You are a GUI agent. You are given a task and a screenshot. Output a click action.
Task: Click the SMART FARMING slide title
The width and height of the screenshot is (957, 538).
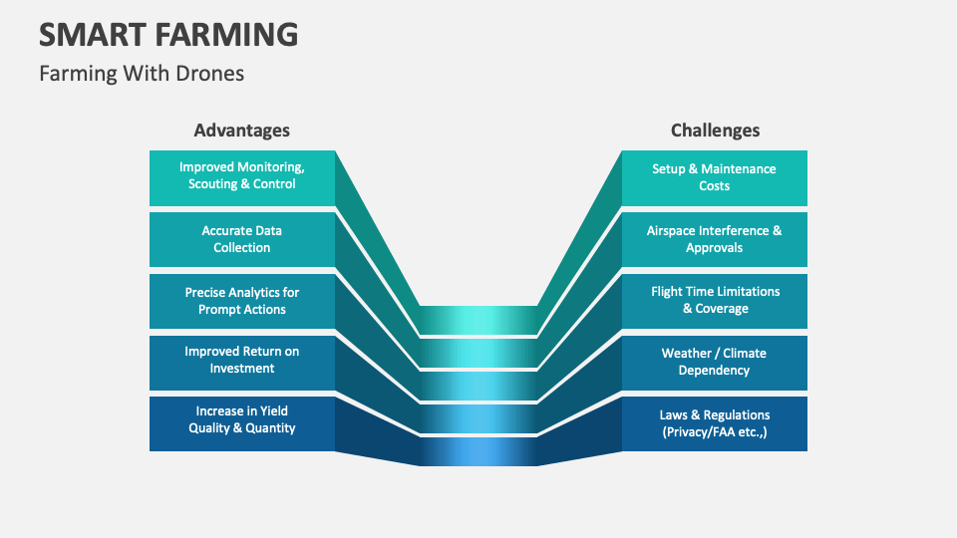click(x=168, y=34)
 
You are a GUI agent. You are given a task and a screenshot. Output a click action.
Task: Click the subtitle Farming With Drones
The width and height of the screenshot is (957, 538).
click(x=142, y=73)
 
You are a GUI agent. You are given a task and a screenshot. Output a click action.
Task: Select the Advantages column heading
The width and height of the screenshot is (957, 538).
click(x=242, y=131)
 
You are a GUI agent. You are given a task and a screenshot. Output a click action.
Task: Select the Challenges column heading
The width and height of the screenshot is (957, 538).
click(x=715, y=131)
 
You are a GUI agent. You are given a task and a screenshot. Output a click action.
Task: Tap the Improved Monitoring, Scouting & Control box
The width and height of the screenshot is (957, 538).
click(x=242, y=177)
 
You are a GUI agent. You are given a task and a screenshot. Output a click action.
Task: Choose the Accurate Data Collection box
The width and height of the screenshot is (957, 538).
click(x=242, y=239)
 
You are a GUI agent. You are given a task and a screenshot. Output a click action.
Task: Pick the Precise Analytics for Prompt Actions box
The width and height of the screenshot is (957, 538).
click(x=242, y=301)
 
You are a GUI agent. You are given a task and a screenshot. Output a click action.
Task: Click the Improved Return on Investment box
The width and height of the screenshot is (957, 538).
click(x=242, y=361)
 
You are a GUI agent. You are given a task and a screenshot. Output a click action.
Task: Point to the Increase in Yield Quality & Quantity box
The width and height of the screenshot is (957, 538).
click(x=242, y=420)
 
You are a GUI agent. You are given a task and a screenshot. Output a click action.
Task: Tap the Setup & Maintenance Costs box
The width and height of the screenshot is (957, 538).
click(x=714, y=177)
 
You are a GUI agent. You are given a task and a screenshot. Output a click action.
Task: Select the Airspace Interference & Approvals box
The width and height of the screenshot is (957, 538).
click(x=714, y=239)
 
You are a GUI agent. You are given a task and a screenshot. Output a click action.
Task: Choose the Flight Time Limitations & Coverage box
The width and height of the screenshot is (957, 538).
click(x=714, y=301)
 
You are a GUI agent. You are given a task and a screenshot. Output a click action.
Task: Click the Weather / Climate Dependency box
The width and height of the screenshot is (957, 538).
click(x=714, y=362)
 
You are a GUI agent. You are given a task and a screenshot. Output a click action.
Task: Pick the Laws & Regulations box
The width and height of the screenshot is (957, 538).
click(x=714, y=423)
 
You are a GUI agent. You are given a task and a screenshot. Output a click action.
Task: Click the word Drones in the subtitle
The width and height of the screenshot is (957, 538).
click(x=211, y=73)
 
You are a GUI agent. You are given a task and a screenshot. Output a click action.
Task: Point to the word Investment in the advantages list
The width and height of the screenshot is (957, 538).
click(x=242, y=369)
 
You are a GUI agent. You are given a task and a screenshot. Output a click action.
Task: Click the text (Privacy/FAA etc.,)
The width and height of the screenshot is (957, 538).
click(x=715, y=432)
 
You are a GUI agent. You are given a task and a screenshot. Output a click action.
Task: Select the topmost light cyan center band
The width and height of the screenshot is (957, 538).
click(x=478, y=320)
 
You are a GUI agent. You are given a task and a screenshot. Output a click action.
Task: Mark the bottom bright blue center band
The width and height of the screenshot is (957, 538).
click(x=478, y=451)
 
